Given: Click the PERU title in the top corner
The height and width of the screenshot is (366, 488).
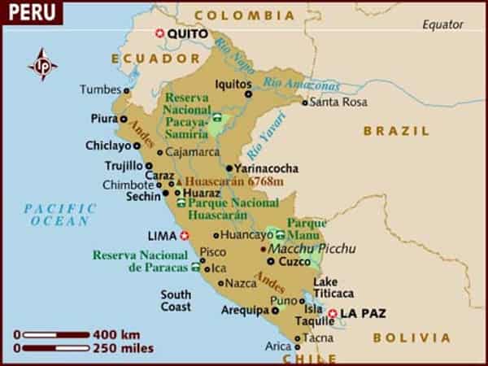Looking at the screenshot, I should (x=28, y=11).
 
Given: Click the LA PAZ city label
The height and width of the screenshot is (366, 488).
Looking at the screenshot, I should (x=362, y=313).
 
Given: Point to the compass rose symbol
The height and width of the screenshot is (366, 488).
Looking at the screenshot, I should (x=41, y=64).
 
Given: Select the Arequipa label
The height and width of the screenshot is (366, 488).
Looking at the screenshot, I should (x=246, y=310).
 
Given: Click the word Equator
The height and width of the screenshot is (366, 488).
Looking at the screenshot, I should (x=442, y=25).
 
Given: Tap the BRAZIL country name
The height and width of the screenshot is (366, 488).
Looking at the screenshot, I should (x=396, y=131).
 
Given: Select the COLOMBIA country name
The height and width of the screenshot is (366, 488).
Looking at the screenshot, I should (x=245, y=15).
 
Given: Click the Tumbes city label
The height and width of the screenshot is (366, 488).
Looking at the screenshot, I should (x=100, y=89).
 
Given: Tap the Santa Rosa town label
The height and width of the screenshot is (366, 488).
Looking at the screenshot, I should (x=334, y=102).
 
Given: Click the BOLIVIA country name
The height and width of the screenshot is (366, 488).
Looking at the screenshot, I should (x=412, y=337).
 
